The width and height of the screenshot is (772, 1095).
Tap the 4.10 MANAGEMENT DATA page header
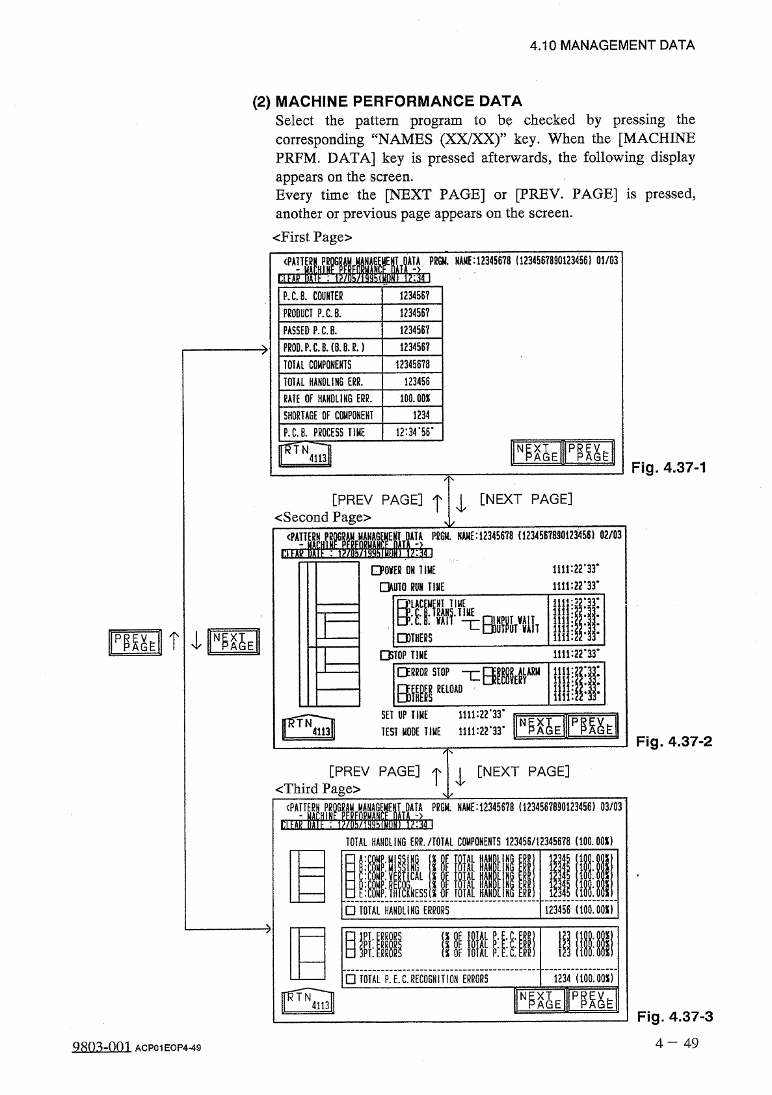612,46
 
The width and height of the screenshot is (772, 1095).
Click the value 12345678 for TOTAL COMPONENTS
412,365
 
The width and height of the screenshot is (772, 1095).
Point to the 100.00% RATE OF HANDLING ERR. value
412,399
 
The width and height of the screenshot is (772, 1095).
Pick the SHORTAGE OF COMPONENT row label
328,416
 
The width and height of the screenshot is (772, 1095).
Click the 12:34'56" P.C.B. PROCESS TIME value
412,432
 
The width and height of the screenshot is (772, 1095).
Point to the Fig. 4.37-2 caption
674,742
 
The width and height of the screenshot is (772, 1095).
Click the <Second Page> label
323,518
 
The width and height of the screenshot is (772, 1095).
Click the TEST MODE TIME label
411,732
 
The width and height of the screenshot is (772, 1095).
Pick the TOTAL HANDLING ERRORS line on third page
404,911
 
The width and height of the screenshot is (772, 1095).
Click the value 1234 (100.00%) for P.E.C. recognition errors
583,979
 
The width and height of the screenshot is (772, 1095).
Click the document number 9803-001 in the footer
101,1047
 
